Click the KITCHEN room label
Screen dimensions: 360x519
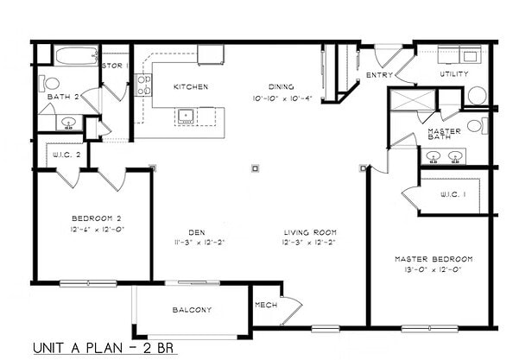(x=190, y=87)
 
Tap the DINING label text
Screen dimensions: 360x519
(x=281, y=87)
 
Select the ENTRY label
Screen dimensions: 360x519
(x=380, y=75)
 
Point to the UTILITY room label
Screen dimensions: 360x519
(x=454, y=74)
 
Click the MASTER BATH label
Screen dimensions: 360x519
(x=445, y=135)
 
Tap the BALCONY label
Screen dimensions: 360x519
(x=192, y=310)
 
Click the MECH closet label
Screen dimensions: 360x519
(x=266, y=306)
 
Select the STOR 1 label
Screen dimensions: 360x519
(x=115, y=66)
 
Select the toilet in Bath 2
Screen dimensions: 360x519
(x=51, y=85)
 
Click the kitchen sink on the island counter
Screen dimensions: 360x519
(x=185, y=114)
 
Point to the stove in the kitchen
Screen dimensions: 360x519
(x=144, y=85)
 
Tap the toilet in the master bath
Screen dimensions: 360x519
(x=475, y=127)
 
